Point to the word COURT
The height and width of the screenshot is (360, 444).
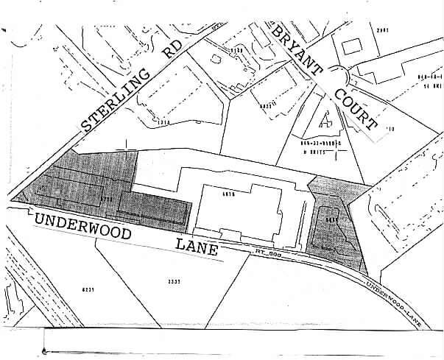(355, 111)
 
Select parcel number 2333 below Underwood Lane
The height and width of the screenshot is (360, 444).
(175, 280)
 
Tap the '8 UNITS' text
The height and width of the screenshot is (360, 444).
(314, 152)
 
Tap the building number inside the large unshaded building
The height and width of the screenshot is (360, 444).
(227, 194)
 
